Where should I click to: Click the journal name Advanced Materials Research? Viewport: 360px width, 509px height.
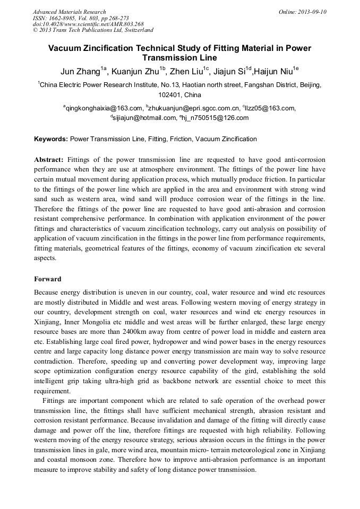click(x=69, y=12)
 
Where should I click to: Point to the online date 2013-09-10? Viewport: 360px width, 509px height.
click(x=311, y=12)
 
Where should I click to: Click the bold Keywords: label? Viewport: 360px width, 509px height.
click(x=51, y=139)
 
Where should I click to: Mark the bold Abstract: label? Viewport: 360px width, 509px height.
click(x=49, y=160)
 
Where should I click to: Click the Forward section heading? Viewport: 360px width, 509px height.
click(x=48, y=279)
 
